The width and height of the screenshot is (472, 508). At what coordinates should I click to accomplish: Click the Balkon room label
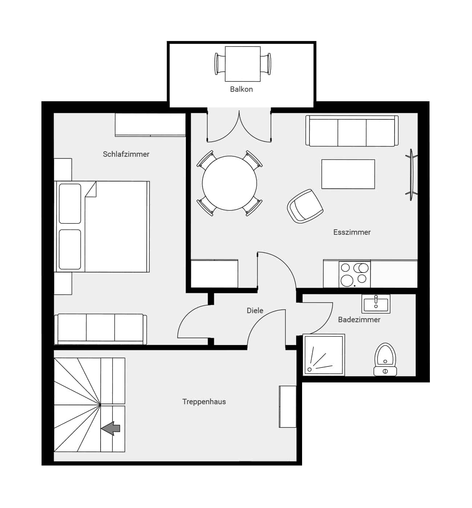[x=241, y=89]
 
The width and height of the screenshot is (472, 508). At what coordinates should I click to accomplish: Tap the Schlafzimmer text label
[x=126, y=154]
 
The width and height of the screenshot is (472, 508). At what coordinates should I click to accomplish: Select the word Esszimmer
[x=352, y=232]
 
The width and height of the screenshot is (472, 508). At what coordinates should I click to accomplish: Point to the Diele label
[x=255, y=311]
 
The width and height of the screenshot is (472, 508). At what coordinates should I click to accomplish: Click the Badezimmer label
[x=359, y=320]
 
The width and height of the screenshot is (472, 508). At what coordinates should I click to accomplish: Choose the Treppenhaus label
[x=204, y=402]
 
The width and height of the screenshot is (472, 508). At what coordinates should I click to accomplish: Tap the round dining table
[x=229, y=183]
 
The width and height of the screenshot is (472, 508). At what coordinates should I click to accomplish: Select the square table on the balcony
[x=243, y=64]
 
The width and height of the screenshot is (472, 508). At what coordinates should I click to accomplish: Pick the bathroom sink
[x=376, y=304]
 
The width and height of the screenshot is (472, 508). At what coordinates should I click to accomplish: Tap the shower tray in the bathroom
[x=324, y=355]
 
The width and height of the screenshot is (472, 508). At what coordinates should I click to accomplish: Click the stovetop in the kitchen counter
[x=354, y=274]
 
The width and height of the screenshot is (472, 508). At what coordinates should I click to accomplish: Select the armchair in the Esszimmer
[x=305, y=206]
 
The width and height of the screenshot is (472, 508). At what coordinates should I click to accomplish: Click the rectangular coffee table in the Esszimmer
[x=348, y=174]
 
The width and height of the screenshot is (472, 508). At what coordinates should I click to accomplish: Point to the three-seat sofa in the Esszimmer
[x=352, y=131]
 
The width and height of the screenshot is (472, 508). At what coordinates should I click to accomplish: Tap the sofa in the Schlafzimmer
[x=101, y=329]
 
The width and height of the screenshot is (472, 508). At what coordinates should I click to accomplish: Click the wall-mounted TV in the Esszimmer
[x=412, y=175]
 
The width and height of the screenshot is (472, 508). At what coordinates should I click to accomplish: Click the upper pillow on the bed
[x=70, y=204]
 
